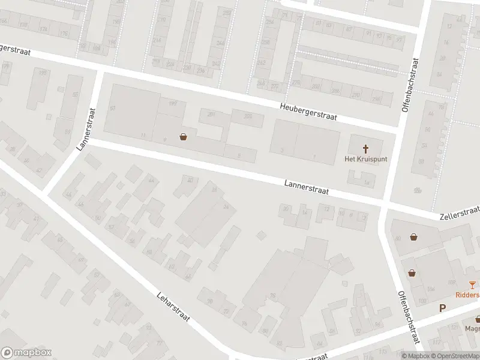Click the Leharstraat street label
coord(173,307)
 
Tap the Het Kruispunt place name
coord(365,159)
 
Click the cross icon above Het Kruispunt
coord(365,148)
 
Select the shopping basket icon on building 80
coord(414,236)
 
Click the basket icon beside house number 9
coord(183,137)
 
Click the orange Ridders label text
coord(467,295)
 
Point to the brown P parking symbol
coord(443,308)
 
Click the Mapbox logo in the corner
coord(26,353)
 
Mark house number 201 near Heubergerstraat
coord(211,114)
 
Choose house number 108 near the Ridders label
coord(451,282)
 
